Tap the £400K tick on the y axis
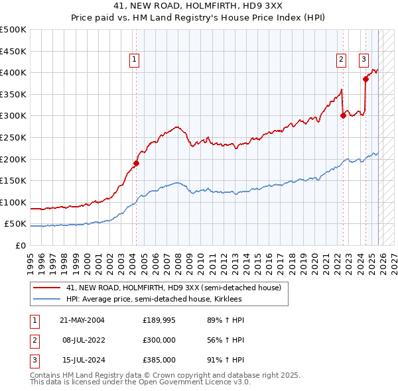(x=14, y=72)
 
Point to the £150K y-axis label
(x=14, y=180)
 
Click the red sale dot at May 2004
(x=136, y=163)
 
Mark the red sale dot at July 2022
(x=343, y=115)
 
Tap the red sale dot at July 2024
(x=365, y=79)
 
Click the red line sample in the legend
(x=47, y=288)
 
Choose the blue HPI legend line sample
(x=47, y=299)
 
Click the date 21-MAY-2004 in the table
(x=82, y=320)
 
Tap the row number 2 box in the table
(x=34, y=340)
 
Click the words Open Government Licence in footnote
(x=186, y=382)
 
